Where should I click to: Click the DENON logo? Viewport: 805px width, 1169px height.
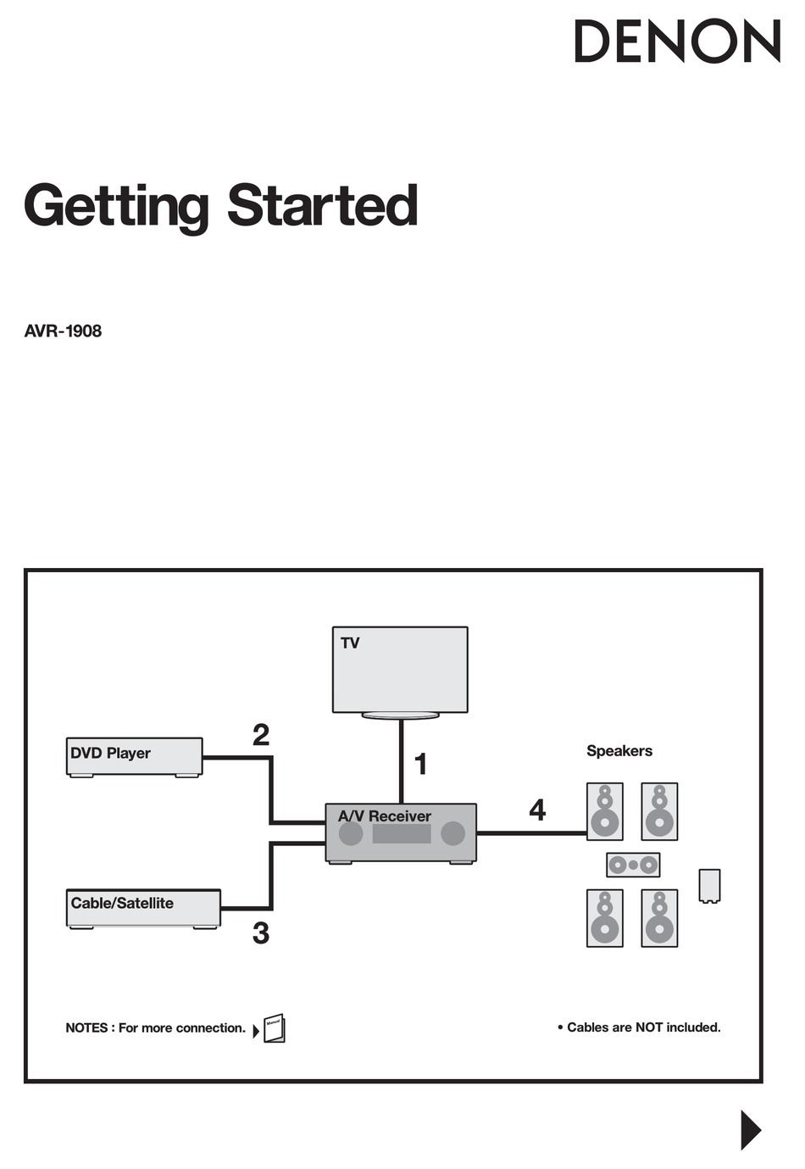(x=677, y=42)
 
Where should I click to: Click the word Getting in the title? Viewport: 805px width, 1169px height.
(x=116, y=206)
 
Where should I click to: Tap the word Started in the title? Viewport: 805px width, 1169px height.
(x=322, y=206)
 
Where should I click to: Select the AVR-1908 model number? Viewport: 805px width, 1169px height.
(x=63, y=331)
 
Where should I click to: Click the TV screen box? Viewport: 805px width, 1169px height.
(x=400, y=670)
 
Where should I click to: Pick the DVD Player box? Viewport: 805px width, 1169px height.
(x=134, y=755)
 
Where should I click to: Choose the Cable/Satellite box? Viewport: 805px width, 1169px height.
(x=143, y=907)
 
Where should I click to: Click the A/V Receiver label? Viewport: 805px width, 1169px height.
(x=385, y=816)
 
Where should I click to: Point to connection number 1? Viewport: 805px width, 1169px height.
(x=420, y=764)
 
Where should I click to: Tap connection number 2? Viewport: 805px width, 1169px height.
(x=261, y=734)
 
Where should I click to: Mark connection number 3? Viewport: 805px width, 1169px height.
(x=261, y=933)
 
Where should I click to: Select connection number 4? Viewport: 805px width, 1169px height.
(x=537, y=810)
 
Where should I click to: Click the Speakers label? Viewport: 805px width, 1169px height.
(x=619, y=751)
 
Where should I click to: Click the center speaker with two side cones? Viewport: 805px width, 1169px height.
(x=633, y=865)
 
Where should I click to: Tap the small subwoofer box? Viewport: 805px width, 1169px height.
(x=709, y=886)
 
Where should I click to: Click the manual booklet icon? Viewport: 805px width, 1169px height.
(x=275, y=1028)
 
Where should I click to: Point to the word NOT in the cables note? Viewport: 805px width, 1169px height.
(x=649, y=1027)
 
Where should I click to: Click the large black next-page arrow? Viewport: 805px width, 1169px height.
(x=751, y=1130)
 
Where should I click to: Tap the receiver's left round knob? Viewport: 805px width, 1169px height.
(x=351, y=833)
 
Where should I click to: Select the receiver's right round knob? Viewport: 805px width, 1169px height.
(x=453, y=833)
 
